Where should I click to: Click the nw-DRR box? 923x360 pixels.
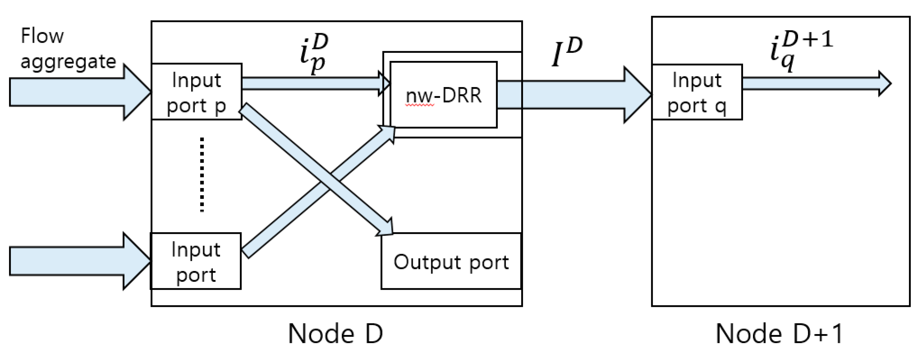[443, 95]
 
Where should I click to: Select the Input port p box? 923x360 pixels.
[196, 92]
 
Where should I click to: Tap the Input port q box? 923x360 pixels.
[696, 92]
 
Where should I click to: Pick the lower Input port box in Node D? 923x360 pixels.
[196, 261]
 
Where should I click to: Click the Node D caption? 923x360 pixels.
[335, 333]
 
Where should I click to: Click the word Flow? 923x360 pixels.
[42, 36]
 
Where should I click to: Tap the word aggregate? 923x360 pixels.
[68, 62]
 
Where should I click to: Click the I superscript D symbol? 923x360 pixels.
[566, 52]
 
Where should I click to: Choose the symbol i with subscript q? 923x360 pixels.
[801, 52]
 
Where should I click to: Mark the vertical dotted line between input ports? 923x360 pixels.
[202, 175]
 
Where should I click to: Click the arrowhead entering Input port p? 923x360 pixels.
[138, 92]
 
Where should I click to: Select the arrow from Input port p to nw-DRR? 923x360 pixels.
[312, 83]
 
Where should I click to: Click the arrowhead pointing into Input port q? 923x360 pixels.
[637, 95]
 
